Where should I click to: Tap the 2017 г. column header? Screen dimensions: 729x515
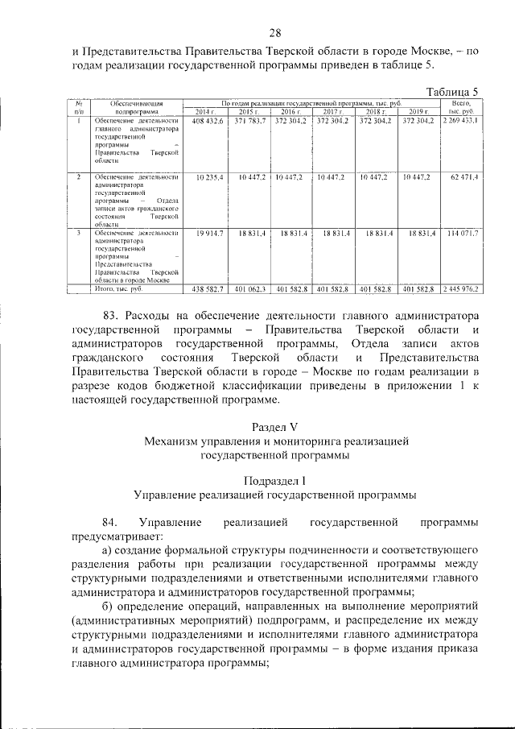tap(332, 111)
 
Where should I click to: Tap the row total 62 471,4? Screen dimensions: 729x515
tap(465, 176)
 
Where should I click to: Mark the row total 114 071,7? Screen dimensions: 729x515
tap(463, 233)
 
